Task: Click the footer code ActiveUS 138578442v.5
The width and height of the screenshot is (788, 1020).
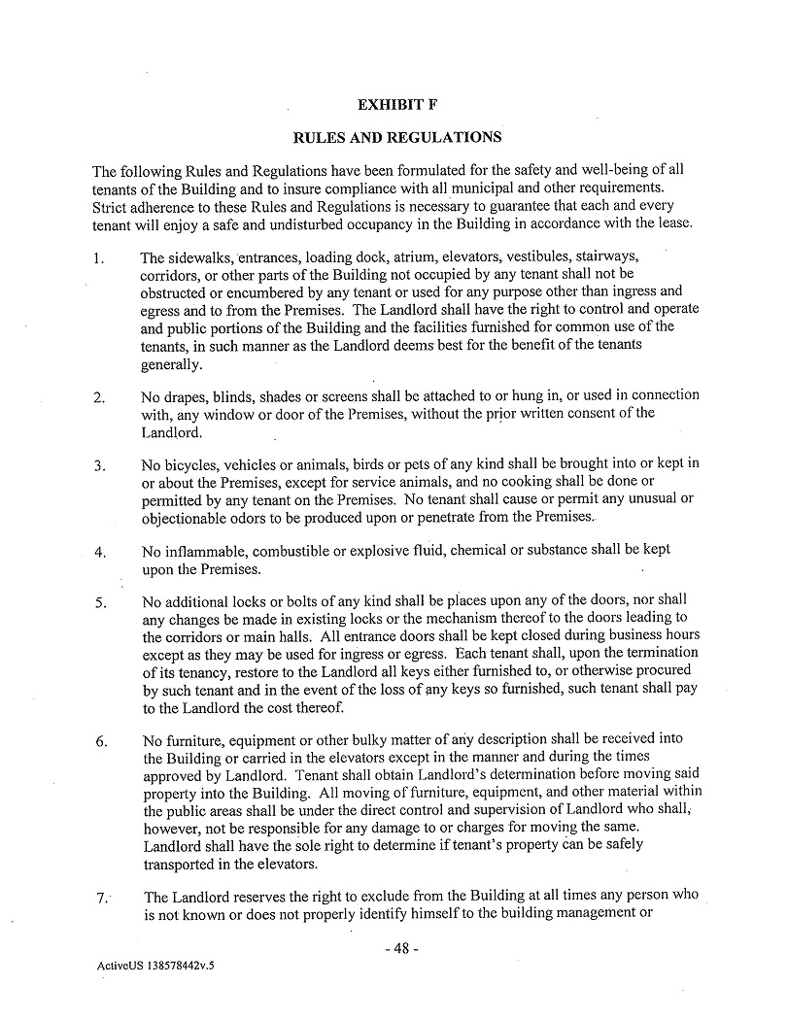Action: point(155,968)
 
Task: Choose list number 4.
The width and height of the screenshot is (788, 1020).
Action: point(99,552)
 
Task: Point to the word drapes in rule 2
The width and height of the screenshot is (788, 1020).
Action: point(187,396)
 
